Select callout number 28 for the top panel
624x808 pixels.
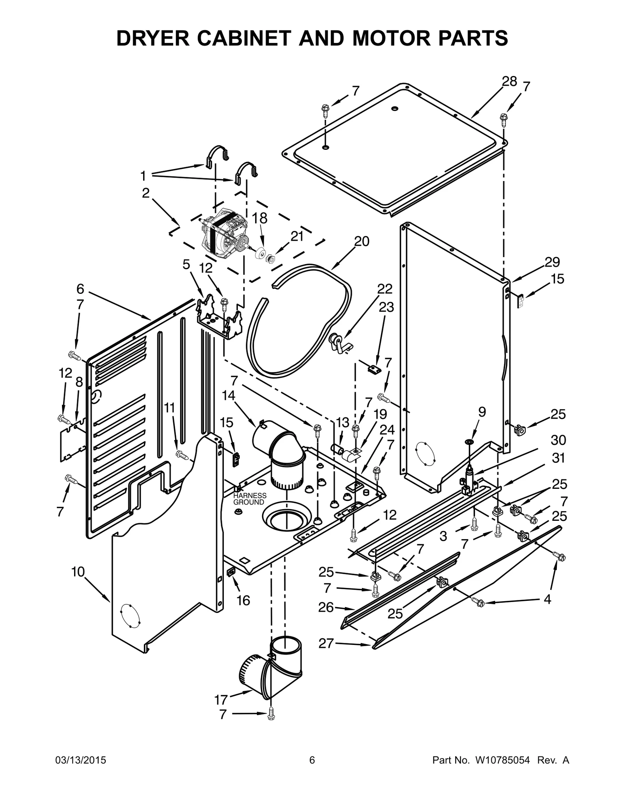coord(509,81)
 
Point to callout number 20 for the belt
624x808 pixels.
coord(362,242)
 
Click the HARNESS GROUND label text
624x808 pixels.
coord(250,499)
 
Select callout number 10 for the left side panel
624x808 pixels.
coord(78,572)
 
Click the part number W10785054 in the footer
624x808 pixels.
coord(502,771)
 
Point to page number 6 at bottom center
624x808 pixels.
coord(312,771)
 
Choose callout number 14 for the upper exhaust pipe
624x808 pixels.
coord(229,395)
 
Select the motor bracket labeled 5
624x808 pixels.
coord(218,316)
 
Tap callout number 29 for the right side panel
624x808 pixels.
coord(552,262)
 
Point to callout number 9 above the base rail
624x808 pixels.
coord(482,412)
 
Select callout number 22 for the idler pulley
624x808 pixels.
coord(385,289)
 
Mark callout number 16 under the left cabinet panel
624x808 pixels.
coord(243,600)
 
